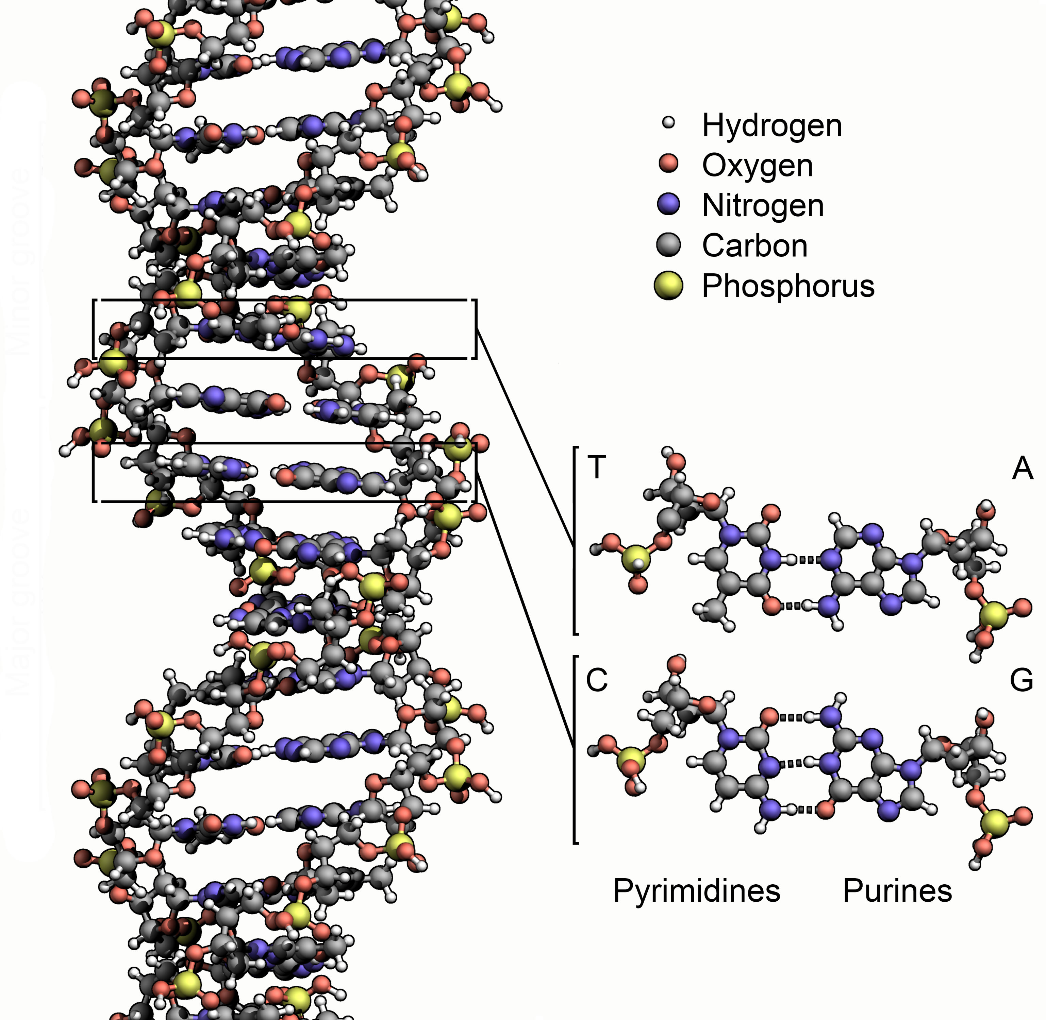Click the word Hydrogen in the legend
click(771, 126)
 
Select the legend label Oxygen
click(757, 166)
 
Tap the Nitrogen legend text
click(763, 206)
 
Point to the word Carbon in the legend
click(754, 246)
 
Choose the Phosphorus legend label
click(788, 286)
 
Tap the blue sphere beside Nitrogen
click(668, 205)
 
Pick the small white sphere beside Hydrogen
click(668, 123)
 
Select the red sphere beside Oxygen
click(668, 164)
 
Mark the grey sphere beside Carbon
click(668, 245)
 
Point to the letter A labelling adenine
click(1022, 469)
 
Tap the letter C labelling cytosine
click(596, 680)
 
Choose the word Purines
click(897, 891)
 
